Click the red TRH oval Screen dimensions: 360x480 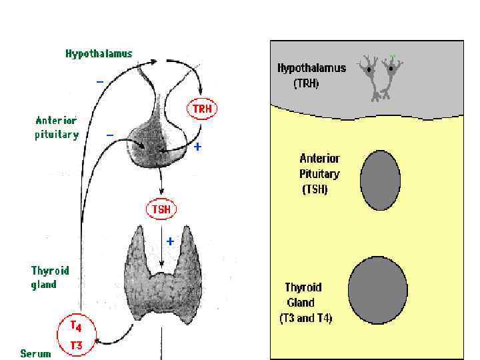201,109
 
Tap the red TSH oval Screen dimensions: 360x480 161,209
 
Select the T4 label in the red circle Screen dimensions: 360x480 77,326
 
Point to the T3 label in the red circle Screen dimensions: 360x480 77,345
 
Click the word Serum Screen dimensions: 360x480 35,353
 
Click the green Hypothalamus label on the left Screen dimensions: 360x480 99,53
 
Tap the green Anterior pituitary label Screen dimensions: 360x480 57,127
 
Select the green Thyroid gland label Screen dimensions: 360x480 49,277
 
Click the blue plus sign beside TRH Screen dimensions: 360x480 198,147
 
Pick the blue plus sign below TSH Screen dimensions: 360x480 170,241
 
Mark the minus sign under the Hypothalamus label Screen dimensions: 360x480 99,81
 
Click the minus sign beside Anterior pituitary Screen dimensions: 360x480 110,134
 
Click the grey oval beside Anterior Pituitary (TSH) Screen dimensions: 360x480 380,180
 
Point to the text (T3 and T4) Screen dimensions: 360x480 305,318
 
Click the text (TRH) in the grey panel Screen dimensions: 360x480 306,84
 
